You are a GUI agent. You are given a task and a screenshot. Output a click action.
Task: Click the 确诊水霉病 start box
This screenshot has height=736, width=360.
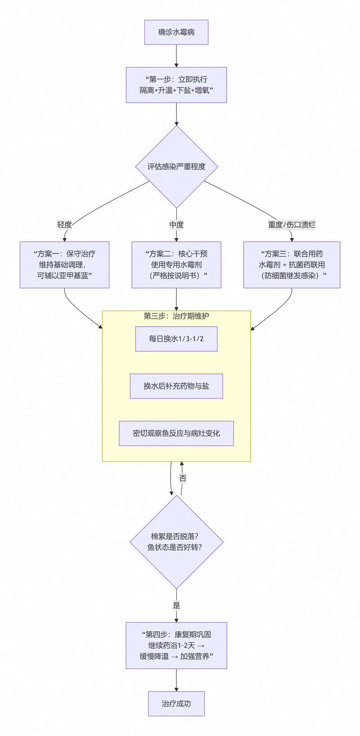(176, 32)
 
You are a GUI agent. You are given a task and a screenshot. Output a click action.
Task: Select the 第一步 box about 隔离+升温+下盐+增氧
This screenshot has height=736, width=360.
(176, 85)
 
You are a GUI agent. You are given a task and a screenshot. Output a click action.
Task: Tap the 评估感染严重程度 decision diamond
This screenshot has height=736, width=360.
(176, 167)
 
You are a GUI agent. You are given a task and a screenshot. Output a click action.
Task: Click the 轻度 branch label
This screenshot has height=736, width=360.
(64, 225)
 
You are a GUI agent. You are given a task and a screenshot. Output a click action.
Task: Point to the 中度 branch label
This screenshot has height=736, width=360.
(176, 225)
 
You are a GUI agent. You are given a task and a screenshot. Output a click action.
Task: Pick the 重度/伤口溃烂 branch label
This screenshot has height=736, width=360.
(292, 225)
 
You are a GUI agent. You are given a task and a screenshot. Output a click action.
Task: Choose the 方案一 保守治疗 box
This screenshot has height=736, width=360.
(64, 265)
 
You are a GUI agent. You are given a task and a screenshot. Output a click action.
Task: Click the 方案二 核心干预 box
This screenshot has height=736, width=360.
(176, 265)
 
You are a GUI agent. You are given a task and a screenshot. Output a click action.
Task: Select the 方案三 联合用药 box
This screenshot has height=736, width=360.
(292, 265)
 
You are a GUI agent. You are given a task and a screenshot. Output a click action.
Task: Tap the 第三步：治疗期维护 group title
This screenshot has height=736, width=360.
(176, 316)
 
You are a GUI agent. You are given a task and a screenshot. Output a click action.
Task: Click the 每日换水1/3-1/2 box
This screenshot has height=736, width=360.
(176, 339)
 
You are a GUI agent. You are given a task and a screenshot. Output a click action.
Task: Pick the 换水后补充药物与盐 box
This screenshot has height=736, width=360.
(176, 386)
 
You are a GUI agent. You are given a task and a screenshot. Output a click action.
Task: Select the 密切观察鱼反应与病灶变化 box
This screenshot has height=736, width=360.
(176, 433)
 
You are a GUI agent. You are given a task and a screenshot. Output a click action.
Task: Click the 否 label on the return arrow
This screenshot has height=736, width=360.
(182, 479)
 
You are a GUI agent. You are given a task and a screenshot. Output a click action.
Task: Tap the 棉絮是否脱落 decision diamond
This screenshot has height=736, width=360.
(176, 542)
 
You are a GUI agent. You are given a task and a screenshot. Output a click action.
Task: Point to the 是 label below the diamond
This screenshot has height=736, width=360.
(176, 605)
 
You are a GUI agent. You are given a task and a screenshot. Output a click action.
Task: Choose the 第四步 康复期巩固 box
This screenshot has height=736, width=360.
(176, 646)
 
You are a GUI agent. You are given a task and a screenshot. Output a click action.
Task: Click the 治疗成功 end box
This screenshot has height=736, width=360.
(176, 704)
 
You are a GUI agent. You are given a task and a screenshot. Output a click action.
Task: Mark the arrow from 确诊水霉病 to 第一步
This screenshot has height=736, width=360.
(176, 56)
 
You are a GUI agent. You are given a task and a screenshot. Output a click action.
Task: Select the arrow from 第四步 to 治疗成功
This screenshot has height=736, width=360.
(176, 680)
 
